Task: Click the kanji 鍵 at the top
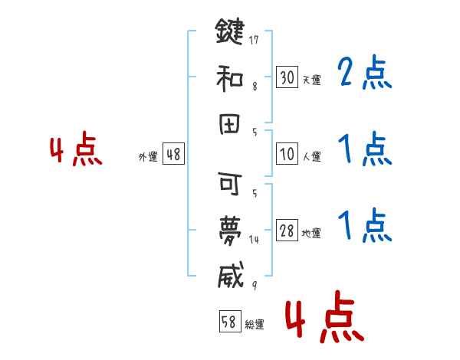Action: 229,32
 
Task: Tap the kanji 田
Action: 229,122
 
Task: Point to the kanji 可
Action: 229,185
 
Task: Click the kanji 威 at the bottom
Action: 229,273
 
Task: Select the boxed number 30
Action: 287,77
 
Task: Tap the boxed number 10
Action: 287,154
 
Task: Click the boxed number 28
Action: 287,231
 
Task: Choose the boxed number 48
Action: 173,154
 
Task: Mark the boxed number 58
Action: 229,322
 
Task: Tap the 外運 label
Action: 148,156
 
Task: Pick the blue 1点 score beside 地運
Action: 363,225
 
